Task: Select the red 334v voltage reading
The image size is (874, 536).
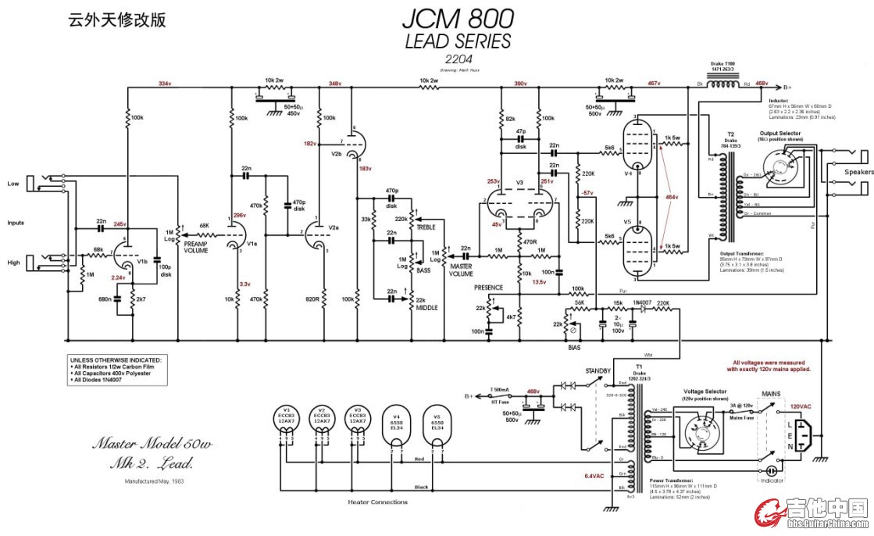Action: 165,83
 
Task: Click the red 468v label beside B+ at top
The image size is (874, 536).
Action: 762,83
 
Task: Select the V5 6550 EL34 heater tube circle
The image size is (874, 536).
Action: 437,425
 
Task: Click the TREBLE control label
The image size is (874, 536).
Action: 426,226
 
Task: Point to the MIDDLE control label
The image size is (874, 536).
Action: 426,307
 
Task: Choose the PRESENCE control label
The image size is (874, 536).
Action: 489,288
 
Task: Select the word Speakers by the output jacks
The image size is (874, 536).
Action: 858,171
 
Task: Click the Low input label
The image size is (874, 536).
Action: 14,184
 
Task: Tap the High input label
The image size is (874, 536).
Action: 14,263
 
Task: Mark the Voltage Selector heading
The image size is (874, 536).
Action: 705,390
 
